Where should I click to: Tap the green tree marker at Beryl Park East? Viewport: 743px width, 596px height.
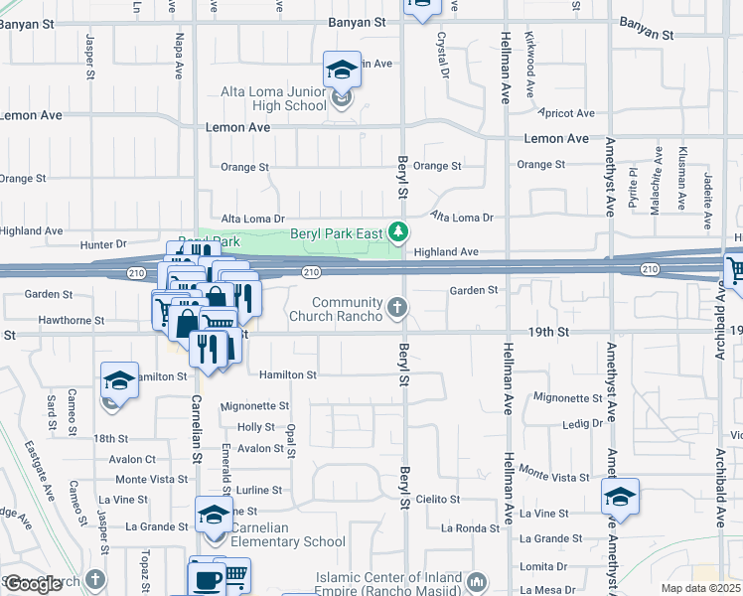[x=398, y=232]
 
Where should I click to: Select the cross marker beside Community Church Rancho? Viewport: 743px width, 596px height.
[x=397, y=307]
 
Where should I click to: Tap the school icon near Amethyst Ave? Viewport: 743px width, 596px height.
[x=620, y=497]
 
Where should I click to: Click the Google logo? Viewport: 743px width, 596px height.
[x=33, y=584]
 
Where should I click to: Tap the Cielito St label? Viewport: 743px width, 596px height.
[x=438, y=499]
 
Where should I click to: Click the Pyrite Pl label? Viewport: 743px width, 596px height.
[x=633, y=185]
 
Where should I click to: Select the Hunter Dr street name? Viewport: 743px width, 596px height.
[x=107, y=243]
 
